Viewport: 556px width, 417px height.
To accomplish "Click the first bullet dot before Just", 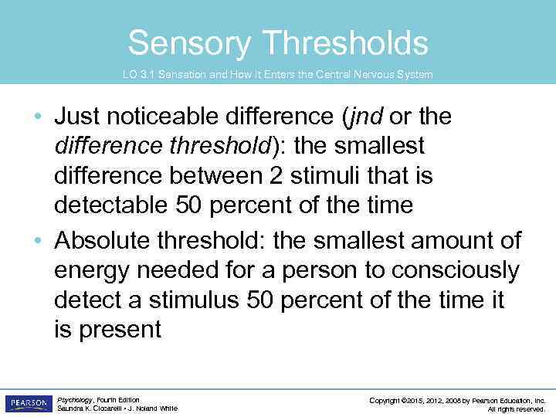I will pyautogui.click(x=40, y=117).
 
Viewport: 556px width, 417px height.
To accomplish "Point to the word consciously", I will pyautogui.click(x=456, y=271).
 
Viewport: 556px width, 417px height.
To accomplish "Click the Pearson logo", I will pyautogui.click(x=28, y=403).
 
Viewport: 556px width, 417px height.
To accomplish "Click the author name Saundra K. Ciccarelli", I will pyautogui.click(x=86, y=409).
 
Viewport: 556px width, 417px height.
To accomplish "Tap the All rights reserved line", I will pyautogui.click(x=517, y=409).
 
